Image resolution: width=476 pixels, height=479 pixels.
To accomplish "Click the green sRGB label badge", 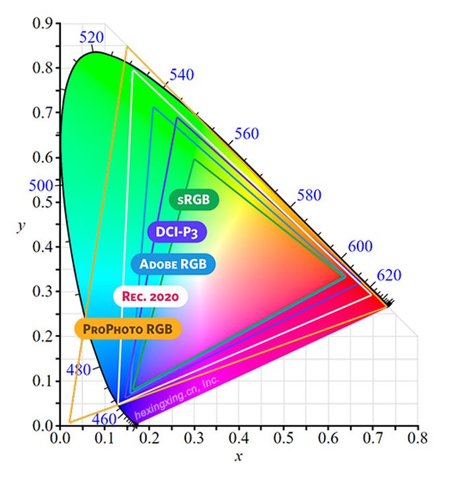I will tap(194, 198).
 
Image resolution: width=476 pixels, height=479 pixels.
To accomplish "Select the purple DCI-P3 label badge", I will tap(177, 231).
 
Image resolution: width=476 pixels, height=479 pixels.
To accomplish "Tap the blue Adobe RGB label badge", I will tap(173, 264).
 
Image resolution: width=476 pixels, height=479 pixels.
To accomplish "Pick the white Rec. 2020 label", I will tap(151, 296).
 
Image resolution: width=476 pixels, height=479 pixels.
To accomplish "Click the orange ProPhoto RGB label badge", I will tap(128, 328).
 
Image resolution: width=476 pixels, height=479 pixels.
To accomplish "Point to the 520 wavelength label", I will tap(91, 38).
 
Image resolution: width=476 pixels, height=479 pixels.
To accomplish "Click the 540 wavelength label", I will tap(181, 75).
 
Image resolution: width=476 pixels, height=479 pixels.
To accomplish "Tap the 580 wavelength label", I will tap(309, 195).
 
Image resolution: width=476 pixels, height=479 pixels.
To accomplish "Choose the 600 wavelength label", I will tap(360, 246).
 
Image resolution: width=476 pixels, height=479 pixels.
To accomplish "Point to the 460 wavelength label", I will tap(103, 418).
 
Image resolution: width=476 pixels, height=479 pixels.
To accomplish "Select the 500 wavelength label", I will tap(41, 186).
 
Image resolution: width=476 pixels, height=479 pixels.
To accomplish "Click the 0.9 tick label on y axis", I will tap(43, 24).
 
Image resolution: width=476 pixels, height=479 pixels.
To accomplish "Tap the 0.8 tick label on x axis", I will tap(417, 438).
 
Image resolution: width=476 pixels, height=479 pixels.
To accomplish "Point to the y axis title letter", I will tap(22, 225).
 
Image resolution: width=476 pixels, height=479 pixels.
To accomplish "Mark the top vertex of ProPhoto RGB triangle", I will tap(126, 47).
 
